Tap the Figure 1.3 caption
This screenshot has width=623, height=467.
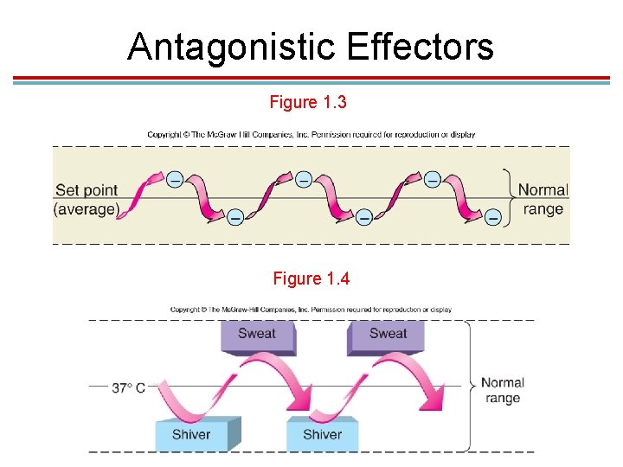[308, 103]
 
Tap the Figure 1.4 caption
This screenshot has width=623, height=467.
[311, 278]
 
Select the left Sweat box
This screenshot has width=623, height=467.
[257, 336]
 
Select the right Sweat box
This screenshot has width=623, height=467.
[387, 336]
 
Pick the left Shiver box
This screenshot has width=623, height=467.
[191, 434]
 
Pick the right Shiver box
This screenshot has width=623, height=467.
[321, 434]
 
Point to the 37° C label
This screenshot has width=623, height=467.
[129, 387]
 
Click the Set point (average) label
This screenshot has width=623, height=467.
[87, 200]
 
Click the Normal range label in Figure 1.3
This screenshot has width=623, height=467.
[543, 199]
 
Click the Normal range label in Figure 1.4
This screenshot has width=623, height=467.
[502, 390]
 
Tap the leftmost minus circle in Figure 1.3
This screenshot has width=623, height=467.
[175, 180]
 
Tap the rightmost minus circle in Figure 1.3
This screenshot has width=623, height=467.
[493, 218]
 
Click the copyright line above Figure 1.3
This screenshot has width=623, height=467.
[311, 135]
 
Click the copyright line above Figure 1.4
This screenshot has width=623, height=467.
[311, 310]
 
